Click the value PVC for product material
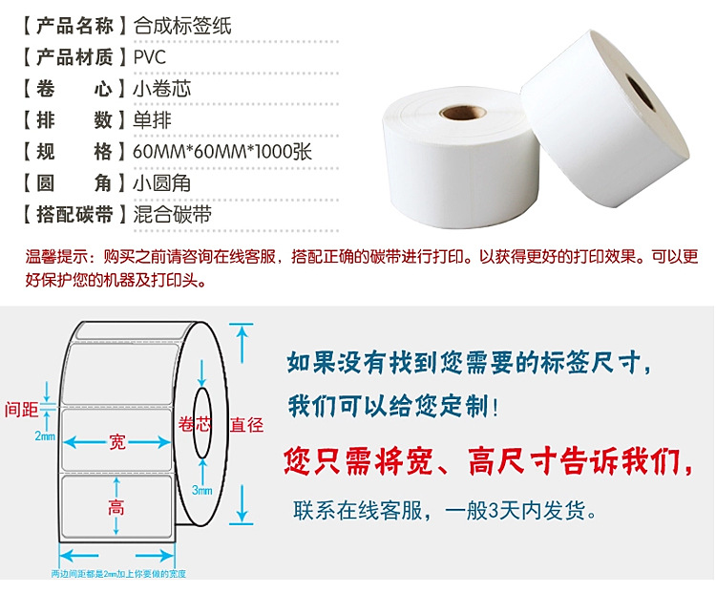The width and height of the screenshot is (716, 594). [x=149, y=57]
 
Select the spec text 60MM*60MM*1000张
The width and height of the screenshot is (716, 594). [x=222, y=152]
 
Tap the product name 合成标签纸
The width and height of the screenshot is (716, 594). [x=182, y=26]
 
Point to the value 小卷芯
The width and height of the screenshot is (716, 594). [x=162, y=89]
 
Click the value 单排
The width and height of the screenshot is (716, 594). [x=152, y=120]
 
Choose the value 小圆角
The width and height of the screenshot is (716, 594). [x=162, y=183]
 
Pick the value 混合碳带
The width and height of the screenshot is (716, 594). [x=172, y=214]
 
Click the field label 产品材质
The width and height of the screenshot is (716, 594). [x=74, y=57]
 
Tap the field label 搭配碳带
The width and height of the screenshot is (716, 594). [x=74, y=214]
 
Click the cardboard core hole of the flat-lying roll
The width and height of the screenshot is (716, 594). [x=463, y=112]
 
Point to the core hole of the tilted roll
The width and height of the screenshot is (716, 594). [x=641, y=94]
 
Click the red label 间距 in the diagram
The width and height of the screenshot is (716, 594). [x=21, y=409]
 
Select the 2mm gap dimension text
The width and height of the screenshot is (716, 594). [x=45, y=435]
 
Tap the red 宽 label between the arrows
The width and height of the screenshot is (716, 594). [x=116, y=442]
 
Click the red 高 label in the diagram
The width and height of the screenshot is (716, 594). [x=116, y=507]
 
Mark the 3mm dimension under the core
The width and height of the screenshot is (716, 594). [x=201, y=490]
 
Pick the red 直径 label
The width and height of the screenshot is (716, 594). [x=246, y=425]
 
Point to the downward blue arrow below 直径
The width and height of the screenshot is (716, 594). [x=242, y=503]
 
